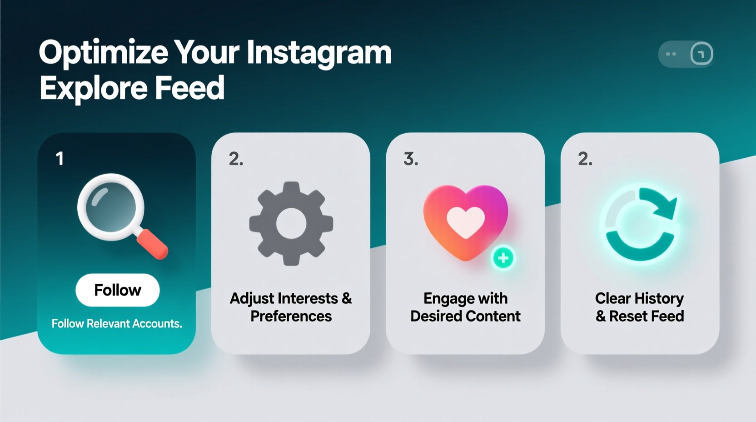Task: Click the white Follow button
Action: [117, 290]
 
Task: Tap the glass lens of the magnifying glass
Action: [110, 207]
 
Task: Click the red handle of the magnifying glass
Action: [153, 244]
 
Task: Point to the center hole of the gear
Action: [291, 223]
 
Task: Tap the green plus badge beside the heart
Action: [503, 258]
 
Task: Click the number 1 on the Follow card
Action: [60, 159]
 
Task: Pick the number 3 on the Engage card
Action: [410, 159]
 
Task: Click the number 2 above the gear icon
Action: [235, 159]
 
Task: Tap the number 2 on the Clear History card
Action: [585, 159]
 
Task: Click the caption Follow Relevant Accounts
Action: [117, 323]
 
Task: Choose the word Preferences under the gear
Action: [291, 316]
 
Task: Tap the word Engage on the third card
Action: [443, 299]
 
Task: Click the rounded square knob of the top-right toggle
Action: [701, 54]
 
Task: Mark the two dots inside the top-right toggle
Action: [671, 54]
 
